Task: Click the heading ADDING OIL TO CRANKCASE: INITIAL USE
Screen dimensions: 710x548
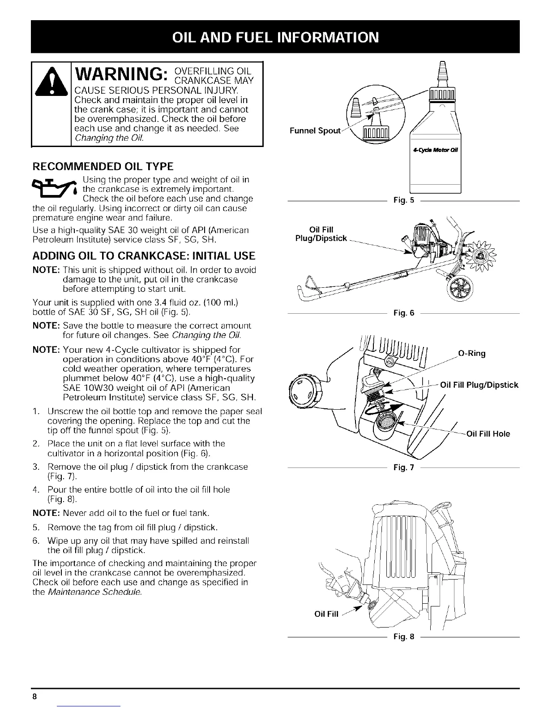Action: (x=144, y=256)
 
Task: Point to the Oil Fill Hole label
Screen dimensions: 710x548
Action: (x=488, y=433)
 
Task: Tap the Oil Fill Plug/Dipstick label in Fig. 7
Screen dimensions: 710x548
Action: (x=479, y=385)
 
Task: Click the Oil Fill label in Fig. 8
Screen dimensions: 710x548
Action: (x=327, y=614)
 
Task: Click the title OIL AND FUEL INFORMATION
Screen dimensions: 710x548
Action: (x=274, y=36)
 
